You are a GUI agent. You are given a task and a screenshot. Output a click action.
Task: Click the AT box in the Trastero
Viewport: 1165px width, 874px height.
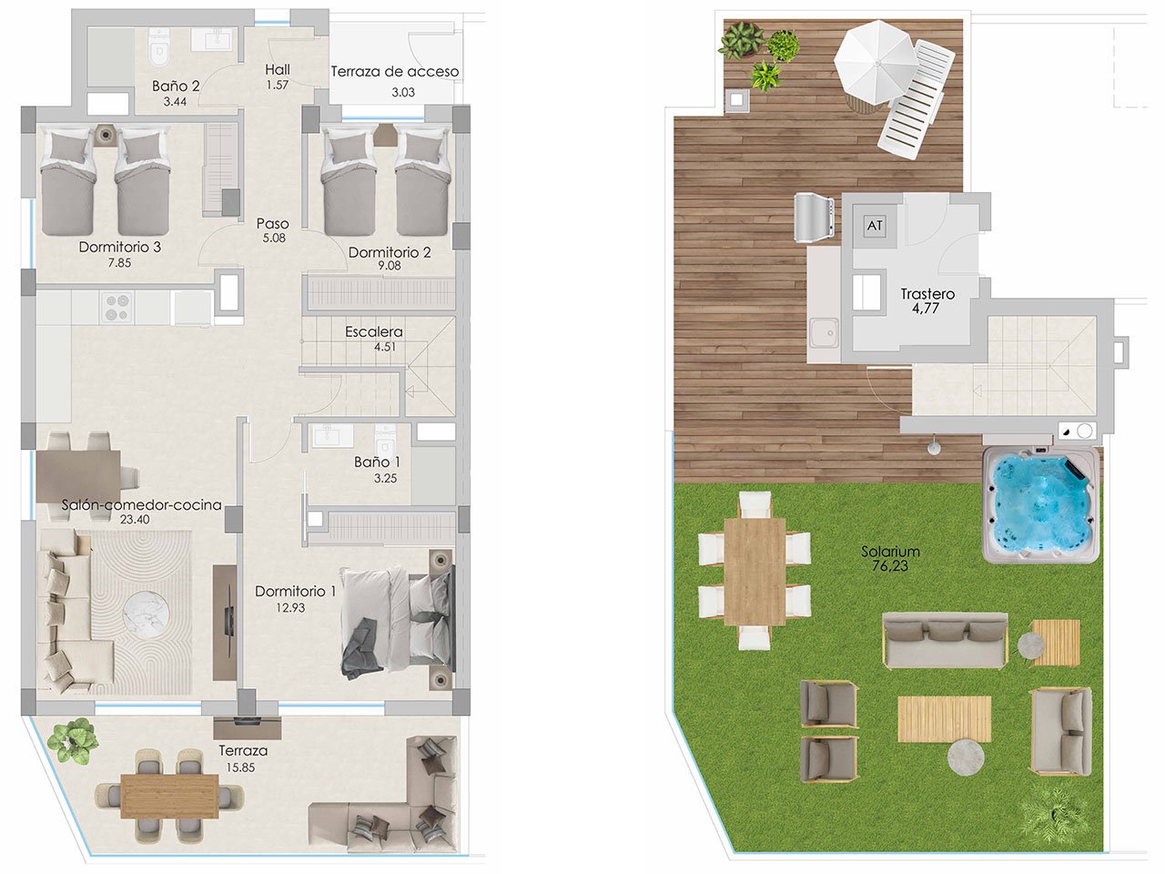(x=875, y=226)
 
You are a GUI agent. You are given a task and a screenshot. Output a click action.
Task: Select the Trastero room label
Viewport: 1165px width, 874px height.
(x=927, y=294)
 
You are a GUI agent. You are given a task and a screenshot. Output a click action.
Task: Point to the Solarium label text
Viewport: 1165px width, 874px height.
(x=890, y=552)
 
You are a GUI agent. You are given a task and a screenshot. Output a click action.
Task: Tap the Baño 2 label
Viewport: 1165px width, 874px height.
(x=176, y=86)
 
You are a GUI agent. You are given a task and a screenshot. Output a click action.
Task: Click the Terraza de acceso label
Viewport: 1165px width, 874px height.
(x=395, y=72)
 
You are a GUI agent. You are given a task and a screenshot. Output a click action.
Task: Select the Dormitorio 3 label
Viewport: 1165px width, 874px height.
(x=120, y=247)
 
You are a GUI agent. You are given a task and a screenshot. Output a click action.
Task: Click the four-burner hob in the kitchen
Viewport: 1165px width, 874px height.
(x=116, y=307)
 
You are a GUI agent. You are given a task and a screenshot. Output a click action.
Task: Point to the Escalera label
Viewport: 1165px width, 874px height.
(x=373, y=332)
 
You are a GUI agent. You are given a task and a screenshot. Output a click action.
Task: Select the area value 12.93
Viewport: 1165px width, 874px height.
(x=290, y=607)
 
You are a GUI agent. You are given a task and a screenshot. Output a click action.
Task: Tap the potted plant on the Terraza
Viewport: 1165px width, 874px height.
(x=73, y=739)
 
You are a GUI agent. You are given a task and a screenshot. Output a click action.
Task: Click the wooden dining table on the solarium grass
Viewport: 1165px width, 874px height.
(x=754, y=571)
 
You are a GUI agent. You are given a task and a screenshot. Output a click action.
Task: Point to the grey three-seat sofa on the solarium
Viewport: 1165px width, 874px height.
(x=945, y=639)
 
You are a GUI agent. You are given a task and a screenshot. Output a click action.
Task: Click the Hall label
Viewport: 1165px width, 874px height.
(x=278, y=70)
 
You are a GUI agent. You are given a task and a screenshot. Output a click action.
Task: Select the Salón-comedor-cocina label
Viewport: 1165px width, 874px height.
(x=142, y=505)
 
